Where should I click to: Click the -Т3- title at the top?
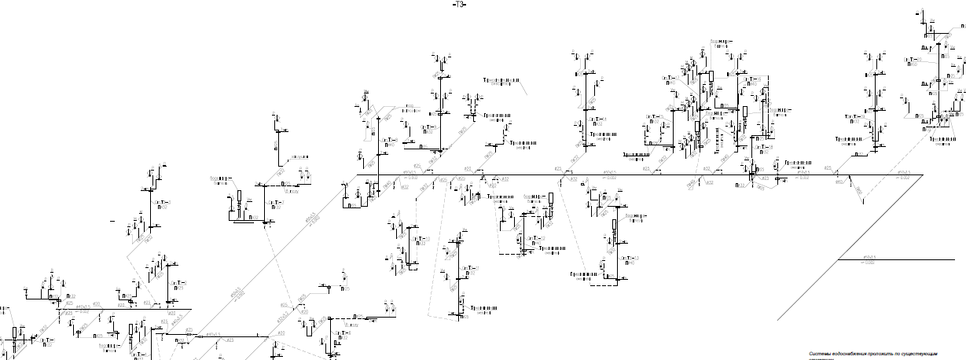point(459,5)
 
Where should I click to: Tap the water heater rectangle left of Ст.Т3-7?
point(239,196)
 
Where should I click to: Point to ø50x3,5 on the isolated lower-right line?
point(869,256)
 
